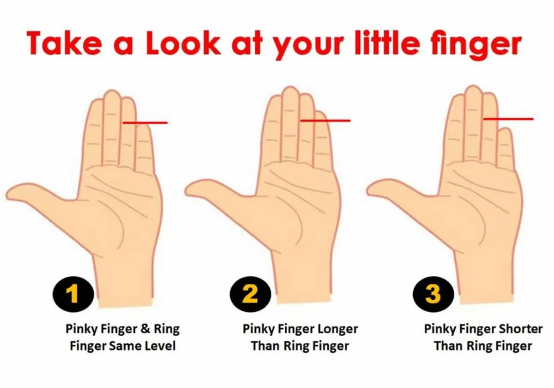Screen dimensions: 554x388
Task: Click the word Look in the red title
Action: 183,43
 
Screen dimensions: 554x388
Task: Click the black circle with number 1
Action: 73,294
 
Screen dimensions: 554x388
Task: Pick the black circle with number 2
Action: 250,294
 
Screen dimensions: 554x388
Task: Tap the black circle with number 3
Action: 434,294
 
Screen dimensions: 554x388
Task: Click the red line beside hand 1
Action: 145,123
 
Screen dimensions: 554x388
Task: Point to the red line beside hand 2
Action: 325,121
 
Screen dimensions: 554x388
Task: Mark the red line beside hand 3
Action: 508,119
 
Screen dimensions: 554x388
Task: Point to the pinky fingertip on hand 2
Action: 320,113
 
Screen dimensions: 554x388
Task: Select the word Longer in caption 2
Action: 337,329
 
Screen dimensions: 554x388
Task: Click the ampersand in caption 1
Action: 145,329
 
